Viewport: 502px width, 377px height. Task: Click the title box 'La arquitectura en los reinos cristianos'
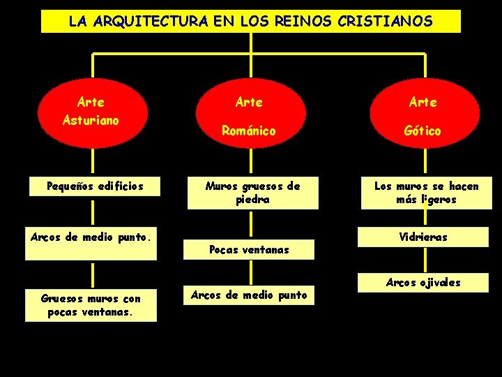click(x=251, y=21)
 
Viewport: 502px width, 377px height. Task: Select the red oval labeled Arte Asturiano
click(x=91, y=112)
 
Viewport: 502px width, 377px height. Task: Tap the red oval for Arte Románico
click(x=249, y=116)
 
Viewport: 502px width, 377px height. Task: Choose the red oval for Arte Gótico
click(x=423, y=116)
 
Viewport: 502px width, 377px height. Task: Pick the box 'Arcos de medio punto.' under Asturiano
click(x=91, y=243)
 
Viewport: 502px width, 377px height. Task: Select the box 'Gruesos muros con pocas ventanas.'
click(x=91, y=305)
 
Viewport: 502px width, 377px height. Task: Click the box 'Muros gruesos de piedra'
click(x=252, y=193)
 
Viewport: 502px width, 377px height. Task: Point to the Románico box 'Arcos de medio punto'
click(x=250, y=295)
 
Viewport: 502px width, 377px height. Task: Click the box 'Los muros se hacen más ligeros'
click(x=426, y=193)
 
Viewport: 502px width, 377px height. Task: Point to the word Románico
click(x=249, y=131)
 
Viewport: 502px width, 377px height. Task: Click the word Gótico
click(x=423, y=131)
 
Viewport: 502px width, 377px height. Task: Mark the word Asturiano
click(x=91, y=120)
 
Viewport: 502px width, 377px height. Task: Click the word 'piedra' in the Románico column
click(x=252, y=200)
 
